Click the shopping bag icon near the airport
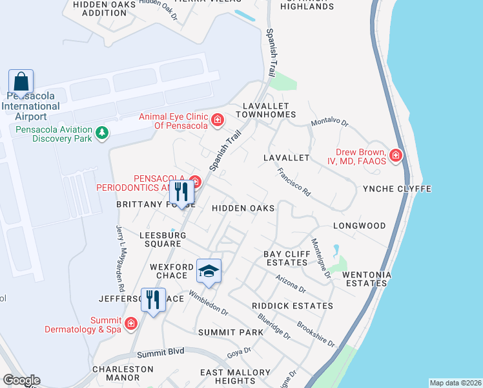[21, 83]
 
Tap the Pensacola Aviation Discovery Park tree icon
[101, 133]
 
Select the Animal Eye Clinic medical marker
[218, 120]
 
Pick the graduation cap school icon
[209, 271]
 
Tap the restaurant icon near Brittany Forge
[181, 192]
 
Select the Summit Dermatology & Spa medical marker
[131, 323]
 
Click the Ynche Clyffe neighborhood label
[396, 189]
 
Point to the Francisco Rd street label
[294, 182]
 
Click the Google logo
[22, 380]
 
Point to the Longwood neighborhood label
[359, 226]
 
